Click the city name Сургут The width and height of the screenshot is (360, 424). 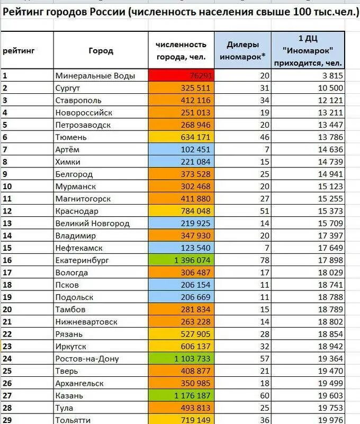tap(68, 88)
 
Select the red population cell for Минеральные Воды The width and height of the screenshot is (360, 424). tap(181, 76)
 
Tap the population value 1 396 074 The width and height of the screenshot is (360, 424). tap(192, 260)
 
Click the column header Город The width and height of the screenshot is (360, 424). tap(101, 51)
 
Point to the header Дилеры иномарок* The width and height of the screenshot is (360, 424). tap(243, 51)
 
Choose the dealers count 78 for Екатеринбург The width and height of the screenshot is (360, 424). tap(264, 260)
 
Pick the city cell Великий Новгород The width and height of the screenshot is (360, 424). tap(93, 223)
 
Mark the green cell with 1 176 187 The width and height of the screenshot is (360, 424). tap(192, 396)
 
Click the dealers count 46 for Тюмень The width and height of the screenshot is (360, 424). tap(264, 137)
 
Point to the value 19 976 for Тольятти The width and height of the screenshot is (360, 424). tap(330, 420)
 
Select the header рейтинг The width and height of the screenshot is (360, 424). tap(19, 51)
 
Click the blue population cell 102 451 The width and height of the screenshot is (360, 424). tap(195, 149)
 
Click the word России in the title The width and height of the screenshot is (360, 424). tap(110, 11)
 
